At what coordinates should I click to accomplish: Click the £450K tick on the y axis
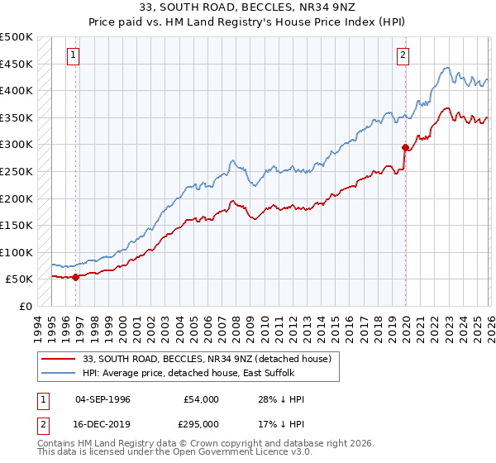17,64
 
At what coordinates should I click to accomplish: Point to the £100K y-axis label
17,252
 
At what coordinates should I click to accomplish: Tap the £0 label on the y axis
26,306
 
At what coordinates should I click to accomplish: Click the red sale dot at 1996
75,277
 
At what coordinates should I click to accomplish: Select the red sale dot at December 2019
405,148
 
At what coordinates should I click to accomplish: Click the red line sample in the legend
60,359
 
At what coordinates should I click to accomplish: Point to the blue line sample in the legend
60,373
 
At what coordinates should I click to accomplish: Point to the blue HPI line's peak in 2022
446,68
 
